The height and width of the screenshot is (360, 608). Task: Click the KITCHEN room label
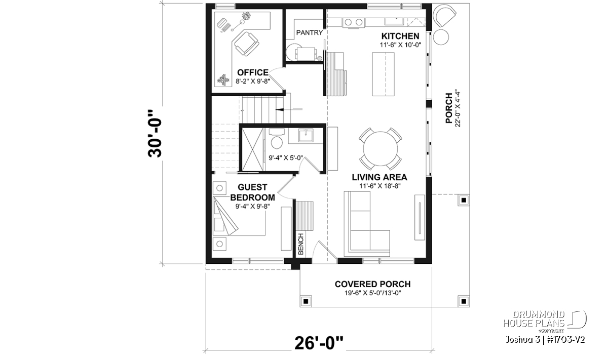400,36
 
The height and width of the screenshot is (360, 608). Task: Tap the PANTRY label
310,33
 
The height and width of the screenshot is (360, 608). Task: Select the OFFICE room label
253,72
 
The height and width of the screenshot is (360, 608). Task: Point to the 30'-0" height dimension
155,134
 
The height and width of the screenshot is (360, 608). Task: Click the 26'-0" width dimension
319,343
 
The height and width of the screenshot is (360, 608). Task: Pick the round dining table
381,149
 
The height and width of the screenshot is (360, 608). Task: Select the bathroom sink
306,135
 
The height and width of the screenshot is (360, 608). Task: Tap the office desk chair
246,44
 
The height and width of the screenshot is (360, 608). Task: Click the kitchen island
383,74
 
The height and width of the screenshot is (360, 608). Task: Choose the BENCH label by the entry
301,244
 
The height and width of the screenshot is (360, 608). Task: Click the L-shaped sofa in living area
366,224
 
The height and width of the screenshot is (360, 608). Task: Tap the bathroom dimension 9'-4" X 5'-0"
286,158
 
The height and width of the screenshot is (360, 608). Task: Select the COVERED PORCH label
372,284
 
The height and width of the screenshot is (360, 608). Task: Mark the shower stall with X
252,149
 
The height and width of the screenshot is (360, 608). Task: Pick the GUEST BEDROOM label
252,192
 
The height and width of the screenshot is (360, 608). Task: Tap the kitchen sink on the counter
394,21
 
